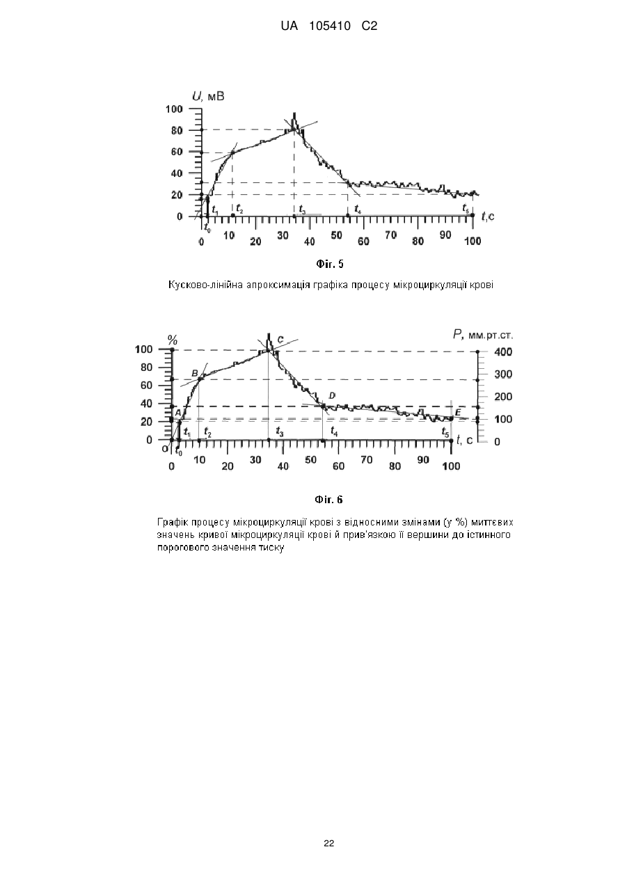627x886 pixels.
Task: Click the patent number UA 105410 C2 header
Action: [x=329, y=26]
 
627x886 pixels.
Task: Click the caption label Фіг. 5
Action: [x=330, y=264]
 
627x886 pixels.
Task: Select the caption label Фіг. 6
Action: [x=328, y=500]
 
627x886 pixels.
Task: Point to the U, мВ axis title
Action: [x=208, y=96]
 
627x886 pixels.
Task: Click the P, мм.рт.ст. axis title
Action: [x=483, y=335]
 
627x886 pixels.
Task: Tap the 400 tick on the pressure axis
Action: [x=504, y=352]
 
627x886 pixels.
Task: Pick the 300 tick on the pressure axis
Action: [x=504, y=374]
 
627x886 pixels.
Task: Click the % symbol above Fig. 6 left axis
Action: [x=173, y=340]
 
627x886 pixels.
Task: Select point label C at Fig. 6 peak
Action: [x=280, y=340]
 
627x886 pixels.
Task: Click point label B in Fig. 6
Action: [x=195, y=373]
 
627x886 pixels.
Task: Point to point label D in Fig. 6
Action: [x=333, y=395]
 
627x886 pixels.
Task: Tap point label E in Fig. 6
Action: [x=458, y=413]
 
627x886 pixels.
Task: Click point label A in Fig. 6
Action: [x=177, y=413]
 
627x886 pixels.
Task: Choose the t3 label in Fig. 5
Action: [x=302, y=209]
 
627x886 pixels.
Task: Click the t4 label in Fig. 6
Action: [x=334, y=431]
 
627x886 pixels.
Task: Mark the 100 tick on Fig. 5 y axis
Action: [x=174, y=109]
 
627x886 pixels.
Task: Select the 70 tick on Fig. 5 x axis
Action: [x=391, y=235]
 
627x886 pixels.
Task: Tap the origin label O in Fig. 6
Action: [x=165, y=449]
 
